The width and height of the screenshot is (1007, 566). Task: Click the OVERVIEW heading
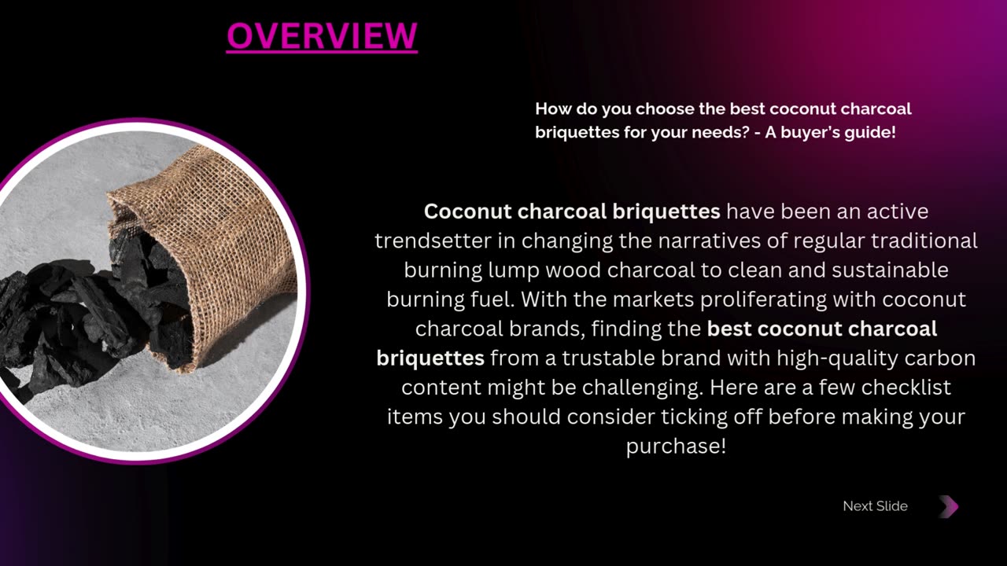[322, 36]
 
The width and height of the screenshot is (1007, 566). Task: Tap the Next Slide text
[875, 506]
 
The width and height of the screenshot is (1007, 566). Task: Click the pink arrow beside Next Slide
[949, 507]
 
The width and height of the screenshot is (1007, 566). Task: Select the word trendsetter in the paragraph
[433, 241]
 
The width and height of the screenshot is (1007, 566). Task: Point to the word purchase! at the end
[676, 447]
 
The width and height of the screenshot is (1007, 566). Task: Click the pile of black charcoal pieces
[90, 314]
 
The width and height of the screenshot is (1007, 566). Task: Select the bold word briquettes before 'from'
[430, 358]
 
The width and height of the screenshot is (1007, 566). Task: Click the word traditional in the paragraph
[924, 241]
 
